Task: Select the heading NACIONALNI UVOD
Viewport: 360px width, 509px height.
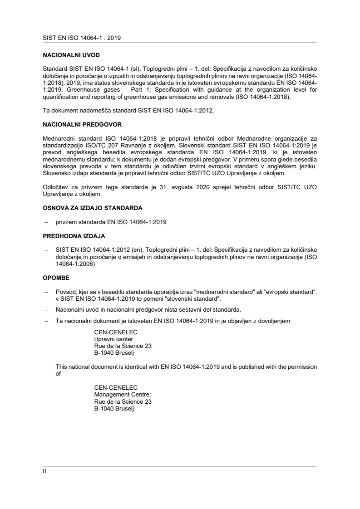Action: click(68, 55)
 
